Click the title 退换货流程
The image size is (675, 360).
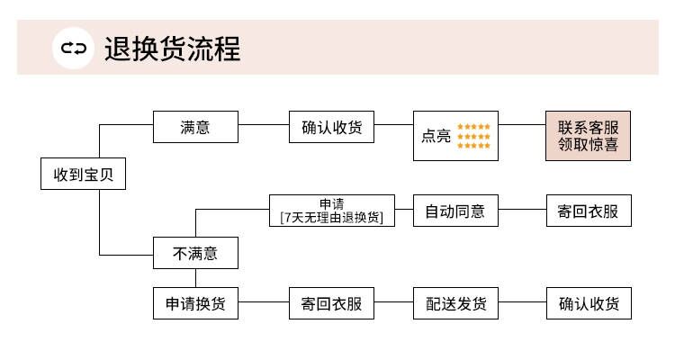[172, 49]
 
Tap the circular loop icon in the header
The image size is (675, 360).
[73, 49]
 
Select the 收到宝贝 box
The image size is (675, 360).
[83, 174]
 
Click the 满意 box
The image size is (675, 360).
[195, 127]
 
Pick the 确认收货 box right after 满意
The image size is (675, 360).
[331, 127]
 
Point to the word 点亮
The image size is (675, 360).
[436, 136]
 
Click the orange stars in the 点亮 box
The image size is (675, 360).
[473, 136]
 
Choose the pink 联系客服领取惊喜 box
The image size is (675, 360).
[588, 136]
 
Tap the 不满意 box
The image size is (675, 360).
[195, 253]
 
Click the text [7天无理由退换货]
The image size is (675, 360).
[331, 218]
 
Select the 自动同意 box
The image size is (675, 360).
[455, 211]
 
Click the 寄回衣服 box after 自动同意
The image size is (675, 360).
[589, 211]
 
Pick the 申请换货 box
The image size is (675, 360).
[195, 303]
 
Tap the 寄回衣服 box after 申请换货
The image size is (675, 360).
[331, 303]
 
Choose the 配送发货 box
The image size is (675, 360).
[455, 303]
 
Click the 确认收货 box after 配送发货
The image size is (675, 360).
[589, 303]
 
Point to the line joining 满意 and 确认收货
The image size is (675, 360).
[264, 125]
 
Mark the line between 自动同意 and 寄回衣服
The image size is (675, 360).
[522, 210]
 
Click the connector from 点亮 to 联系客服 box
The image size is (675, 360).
[522, 125]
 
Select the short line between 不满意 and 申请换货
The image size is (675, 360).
[196, 278]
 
